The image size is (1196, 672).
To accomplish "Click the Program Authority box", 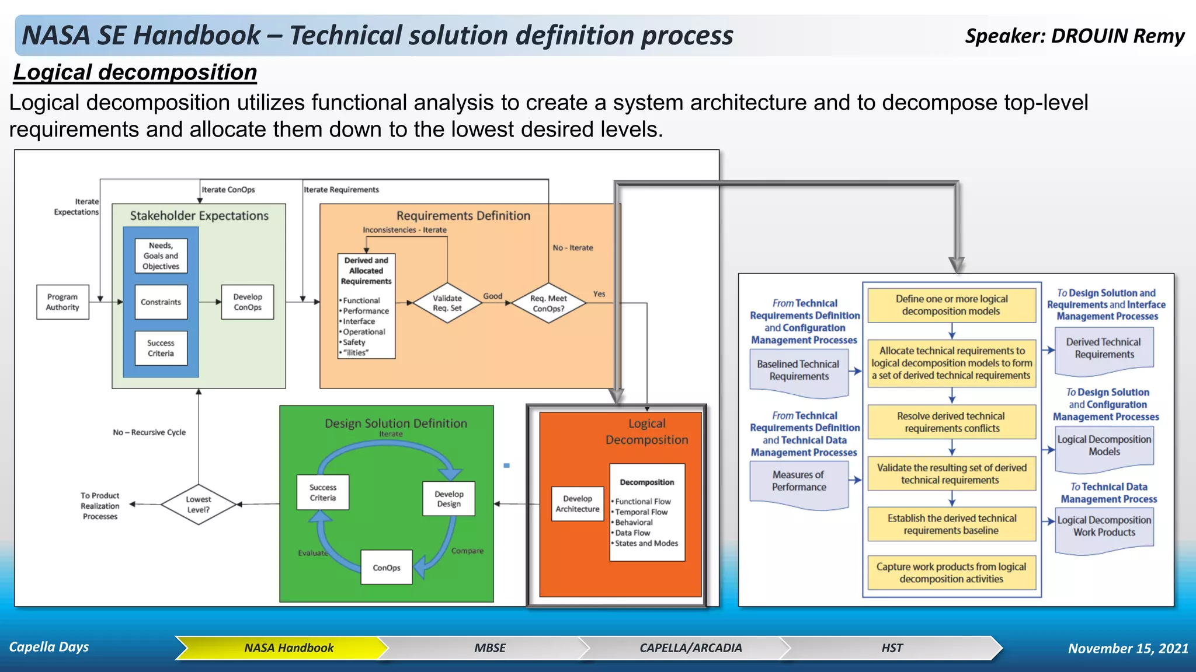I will click(x=62, y=302).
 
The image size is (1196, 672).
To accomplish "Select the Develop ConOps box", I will click(x=248, y=302).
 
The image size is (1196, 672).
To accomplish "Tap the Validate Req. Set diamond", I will click(x=447, y=303).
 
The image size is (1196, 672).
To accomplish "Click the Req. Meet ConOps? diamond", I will click(x=548, y=303).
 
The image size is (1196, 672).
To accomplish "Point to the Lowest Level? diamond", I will click(x=199, y=505).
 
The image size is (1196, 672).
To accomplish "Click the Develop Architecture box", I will click(x=578, y=504).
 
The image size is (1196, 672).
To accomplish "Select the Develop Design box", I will click(x=448, y=499).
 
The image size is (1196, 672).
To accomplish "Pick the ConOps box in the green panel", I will click(x=387, y=568).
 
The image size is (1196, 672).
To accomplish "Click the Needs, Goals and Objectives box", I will click(x=161, y=256).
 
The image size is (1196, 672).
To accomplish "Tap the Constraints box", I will click(x=161, y=302).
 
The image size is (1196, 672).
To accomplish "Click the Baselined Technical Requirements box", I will click(x=798, y=371).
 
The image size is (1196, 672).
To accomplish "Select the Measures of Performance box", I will click(x=799, y=482).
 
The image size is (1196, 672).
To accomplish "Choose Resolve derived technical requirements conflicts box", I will click(x=951, y=422).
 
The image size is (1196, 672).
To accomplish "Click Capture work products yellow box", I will click(x=951, y=573).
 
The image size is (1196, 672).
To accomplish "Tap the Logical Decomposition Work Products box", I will click(x=1104, y=527).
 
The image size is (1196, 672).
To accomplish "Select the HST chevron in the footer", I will click(x=892, y=648).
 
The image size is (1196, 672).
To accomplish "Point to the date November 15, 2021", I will click(x=1128, y=648).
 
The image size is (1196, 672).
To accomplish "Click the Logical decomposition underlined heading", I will click(x=135, y=72).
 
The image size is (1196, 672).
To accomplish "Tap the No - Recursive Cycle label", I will click(x=149, y=432).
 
